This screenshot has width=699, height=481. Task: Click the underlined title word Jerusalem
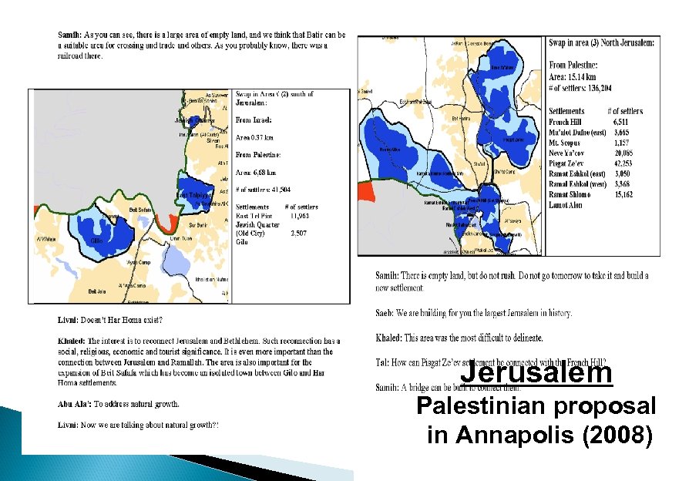(x=536, y=373)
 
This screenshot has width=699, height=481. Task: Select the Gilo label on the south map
(x=97, y=241)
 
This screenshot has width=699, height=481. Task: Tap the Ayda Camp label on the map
(x=137, y=263)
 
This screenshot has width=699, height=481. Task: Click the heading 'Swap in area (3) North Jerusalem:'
(x=602, y=43)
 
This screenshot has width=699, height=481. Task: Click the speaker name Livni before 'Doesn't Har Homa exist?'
(x=69, y=319)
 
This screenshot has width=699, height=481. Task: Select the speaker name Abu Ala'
(x=76, y=403)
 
